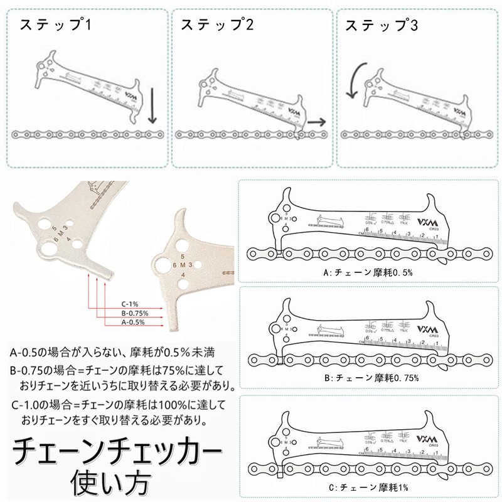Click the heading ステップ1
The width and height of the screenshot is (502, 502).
point(56,26)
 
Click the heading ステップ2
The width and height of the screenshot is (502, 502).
point(217,26)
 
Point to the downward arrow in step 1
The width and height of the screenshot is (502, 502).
point(152,107)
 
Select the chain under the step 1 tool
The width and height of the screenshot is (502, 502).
point(88,134)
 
